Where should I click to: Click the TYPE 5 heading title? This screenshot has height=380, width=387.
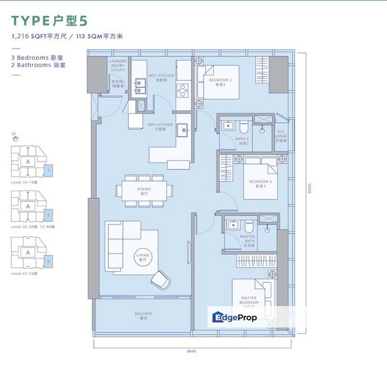point(50,21)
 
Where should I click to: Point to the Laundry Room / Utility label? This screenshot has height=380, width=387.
point(118,65)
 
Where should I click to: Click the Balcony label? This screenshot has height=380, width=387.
point(143,316)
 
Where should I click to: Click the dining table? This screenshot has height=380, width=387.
point(144,188)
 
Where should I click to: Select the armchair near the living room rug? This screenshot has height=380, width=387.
point(159,279)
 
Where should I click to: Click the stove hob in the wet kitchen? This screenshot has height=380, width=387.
point(183,91)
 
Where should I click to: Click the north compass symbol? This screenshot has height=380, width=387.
point(16,137)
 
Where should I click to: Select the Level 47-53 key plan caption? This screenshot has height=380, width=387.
point(25,274)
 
